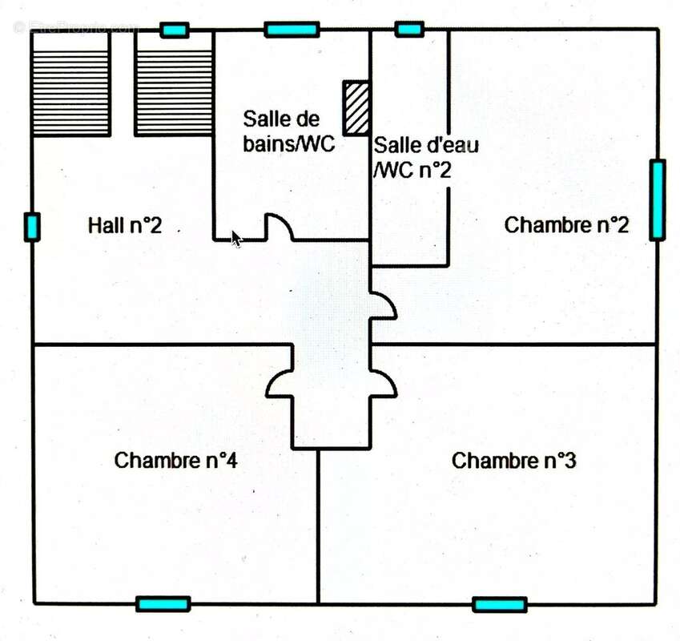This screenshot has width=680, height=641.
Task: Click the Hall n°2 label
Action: pos(124,226)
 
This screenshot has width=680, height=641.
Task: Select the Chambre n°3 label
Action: pos(514,462)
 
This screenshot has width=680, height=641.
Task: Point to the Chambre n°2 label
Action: pos(566,225)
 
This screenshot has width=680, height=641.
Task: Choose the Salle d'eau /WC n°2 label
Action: pos(415,158)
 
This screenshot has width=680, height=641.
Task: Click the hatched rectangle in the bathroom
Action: pos(356,107)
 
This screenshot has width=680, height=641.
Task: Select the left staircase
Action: pos(70,83)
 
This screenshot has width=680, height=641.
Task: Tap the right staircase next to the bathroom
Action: pos(173,83)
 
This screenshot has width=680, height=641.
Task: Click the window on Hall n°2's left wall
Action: pos(32,227)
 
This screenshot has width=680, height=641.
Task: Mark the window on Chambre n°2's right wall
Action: pos(657,200)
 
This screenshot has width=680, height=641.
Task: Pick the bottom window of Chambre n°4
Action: pos(163,604)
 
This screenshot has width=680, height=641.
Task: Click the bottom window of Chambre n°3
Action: pos(500,604)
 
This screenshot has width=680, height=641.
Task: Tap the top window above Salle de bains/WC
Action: pos(292,30)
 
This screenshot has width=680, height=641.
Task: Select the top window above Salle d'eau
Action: pos(409,30)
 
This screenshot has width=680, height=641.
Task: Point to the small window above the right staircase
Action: pos(174,30)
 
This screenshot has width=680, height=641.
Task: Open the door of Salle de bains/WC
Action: pos(279,228)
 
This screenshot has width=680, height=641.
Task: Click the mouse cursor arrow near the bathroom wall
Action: pos(236,239)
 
